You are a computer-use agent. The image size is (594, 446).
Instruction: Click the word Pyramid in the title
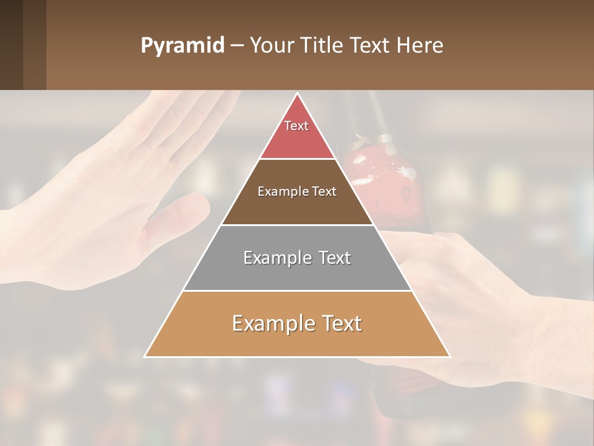[182, 46]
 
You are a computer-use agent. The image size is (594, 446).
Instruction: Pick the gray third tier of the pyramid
[297, 273]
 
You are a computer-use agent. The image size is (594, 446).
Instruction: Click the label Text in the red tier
[296, 126]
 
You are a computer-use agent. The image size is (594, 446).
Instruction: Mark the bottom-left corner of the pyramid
[145, 356]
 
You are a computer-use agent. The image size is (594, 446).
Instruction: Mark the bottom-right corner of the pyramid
[449, 356]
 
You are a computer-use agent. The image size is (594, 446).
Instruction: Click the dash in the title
[236, 46]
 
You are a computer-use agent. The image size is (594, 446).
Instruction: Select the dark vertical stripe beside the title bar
[35, 45]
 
